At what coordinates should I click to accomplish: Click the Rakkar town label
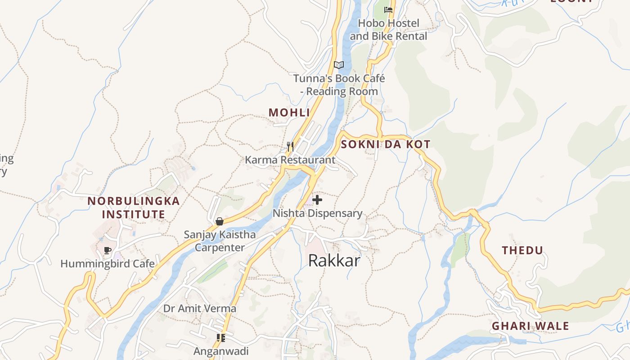[x=334, y=260]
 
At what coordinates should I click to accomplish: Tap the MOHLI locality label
[x=289, y=112]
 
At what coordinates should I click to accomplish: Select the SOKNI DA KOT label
[x=386, y=144]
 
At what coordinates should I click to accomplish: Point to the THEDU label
[x=522, y=250]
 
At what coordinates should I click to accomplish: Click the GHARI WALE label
[x=530, y=326]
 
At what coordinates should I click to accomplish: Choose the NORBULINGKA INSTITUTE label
[x=134, y=207]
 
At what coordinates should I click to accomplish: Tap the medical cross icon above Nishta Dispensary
[x=317, y=199]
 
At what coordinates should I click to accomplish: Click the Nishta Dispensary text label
[x=317, y=213]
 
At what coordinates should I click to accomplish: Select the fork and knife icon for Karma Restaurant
[x=290, y=146]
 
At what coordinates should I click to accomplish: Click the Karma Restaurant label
[x=290, y=160]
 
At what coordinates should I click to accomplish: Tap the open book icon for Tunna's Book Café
[x=339, y=65]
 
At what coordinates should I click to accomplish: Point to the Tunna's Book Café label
[x=339, y=85]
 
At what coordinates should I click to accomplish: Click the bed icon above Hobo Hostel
[x=388, y=9]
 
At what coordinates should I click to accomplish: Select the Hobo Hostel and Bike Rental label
[x=388, y=30]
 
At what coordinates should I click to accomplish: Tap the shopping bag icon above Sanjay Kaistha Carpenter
[x=220, y=221]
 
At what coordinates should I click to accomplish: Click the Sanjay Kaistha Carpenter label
[x=220, y=241]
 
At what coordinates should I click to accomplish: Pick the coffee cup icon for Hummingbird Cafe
[x=108, y=250]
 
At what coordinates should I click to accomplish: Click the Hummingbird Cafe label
[x=108, y=264]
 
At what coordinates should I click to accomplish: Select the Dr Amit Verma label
[x=199, y=309]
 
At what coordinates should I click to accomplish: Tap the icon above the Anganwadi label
[x=220, y=337]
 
